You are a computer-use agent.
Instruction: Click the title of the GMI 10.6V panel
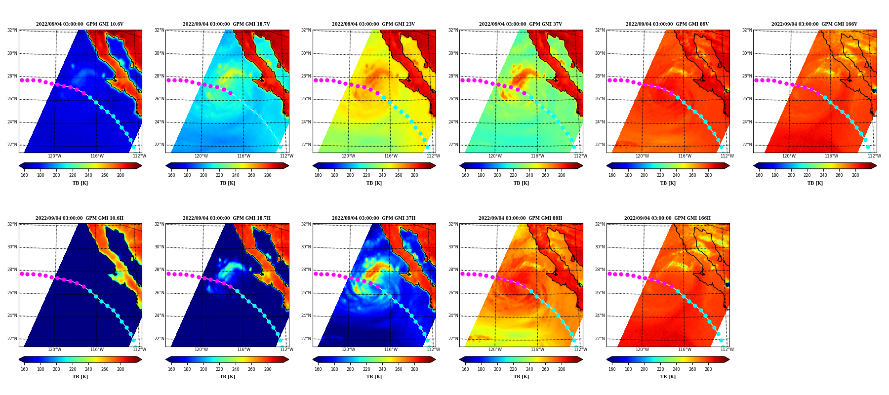pos(80,24)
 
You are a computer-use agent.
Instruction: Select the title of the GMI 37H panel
pos(373,218)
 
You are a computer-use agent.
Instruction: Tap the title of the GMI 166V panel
pos(814,24)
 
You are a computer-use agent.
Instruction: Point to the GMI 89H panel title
pos(520,218)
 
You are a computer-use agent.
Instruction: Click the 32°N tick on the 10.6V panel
pos(12,30)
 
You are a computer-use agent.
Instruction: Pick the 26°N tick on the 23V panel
pos(306,99)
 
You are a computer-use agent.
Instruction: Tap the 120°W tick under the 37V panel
pos(495,156)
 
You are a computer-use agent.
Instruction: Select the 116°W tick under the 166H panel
pos(685,350)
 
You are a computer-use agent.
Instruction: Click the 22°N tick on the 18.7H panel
pos(159,339)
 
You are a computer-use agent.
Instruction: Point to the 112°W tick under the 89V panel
pos(727,156)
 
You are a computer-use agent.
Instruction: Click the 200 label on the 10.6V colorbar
pos(56,175)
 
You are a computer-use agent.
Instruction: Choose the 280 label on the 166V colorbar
pos(855,175)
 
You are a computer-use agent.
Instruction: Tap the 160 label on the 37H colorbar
pos(318,369)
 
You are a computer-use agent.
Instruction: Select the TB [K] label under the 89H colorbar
pos(521,377)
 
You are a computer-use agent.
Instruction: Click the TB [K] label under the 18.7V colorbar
pos(227,183)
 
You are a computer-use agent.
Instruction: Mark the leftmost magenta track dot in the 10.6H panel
pos(22,274)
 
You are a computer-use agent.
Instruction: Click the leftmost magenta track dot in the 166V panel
pos(756,80)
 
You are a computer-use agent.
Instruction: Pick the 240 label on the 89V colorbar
pos(676,175)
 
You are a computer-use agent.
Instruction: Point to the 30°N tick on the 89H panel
pos(453,247)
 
